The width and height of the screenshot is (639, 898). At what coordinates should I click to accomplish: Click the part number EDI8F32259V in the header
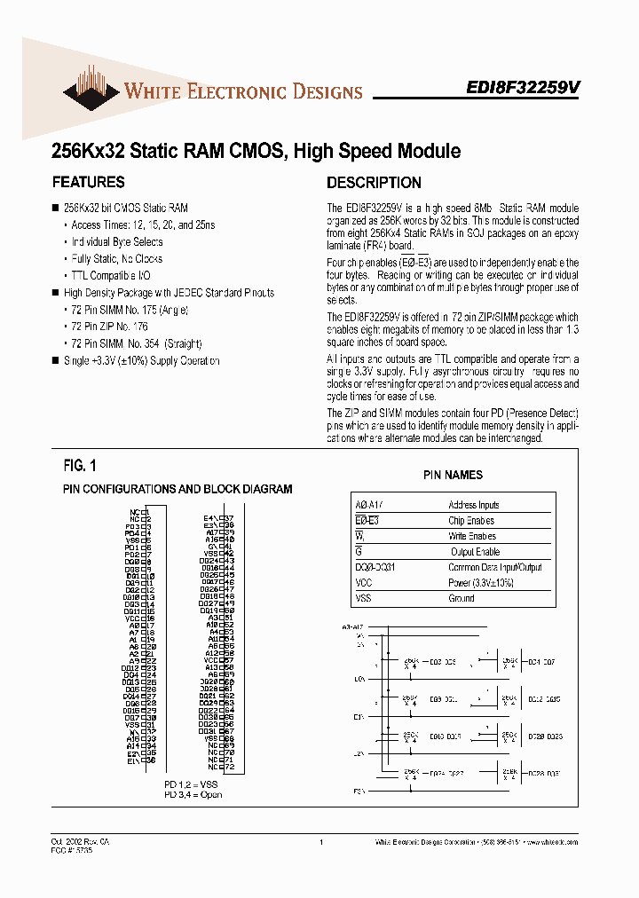(524, 89)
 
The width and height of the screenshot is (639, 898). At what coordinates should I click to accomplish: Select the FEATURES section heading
(88, 183)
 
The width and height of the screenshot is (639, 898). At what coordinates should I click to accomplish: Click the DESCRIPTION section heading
(374, 183)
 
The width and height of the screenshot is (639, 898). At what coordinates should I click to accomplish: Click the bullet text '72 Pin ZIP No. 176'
(109, 327)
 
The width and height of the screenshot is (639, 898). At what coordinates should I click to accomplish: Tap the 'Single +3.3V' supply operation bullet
(141, 360)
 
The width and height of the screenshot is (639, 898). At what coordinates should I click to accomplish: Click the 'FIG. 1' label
(80, 466)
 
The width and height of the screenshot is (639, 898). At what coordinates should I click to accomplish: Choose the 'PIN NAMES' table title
(453, 476)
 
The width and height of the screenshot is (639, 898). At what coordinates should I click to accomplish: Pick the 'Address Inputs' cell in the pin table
(473, 505)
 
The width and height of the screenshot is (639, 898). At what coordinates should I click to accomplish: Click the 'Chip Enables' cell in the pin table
(471, 521)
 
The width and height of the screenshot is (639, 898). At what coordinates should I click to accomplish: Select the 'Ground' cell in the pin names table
(461, 598)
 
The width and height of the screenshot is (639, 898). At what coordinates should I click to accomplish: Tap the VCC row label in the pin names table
(363, 583)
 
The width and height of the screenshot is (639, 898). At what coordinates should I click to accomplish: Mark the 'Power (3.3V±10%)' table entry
(481, 583)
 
